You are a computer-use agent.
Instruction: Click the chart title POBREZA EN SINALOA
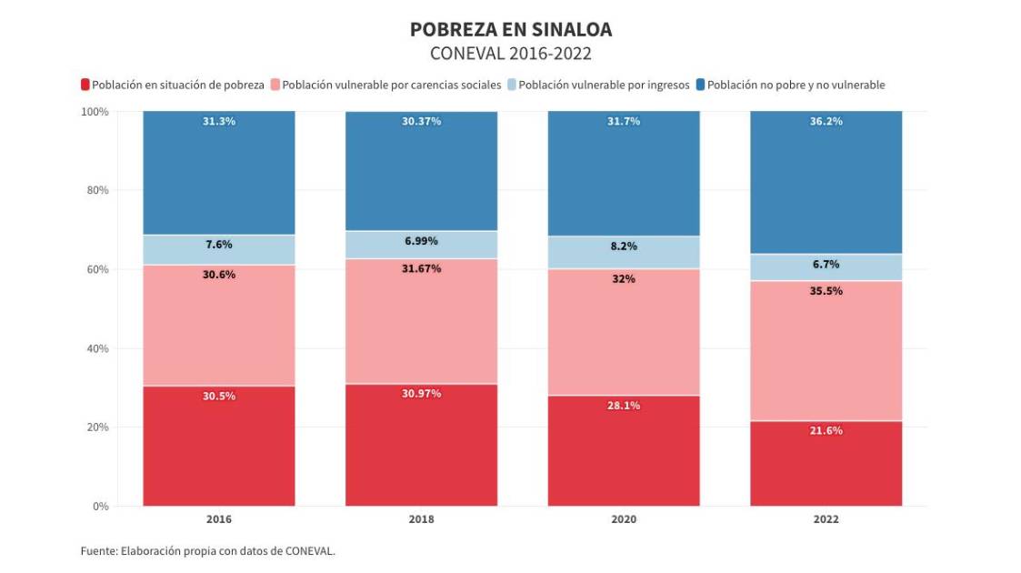click(x=510, y=30)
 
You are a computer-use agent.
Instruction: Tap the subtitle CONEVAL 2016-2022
click(x=510, y=54)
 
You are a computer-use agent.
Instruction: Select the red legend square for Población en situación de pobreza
click(x=85, y=85)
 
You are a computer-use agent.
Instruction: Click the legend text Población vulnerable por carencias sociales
click(x=392, y=85)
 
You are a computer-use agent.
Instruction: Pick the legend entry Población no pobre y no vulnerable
click(x=796, y=85)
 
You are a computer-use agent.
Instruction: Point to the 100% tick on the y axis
click(x=95, y=112)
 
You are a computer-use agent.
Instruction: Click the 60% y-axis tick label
click(x=97, y=269)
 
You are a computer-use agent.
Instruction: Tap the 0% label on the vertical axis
click(x=100, y=506)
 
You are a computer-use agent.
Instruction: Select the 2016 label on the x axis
click(x=219, y=519)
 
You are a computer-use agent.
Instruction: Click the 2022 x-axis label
click(x=826, y=519)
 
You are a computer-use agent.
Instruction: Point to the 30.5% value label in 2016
click(x=219, y=396)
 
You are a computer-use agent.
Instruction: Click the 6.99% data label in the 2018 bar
click(x=422, y=241)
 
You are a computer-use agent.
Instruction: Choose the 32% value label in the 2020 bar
click(x=624, y=279)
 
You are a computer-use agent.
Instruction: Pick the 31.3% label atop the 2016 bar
click(x=219, y=121)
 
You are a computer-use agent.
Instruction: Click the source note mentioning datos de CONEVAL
click(x=208, y=550)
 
